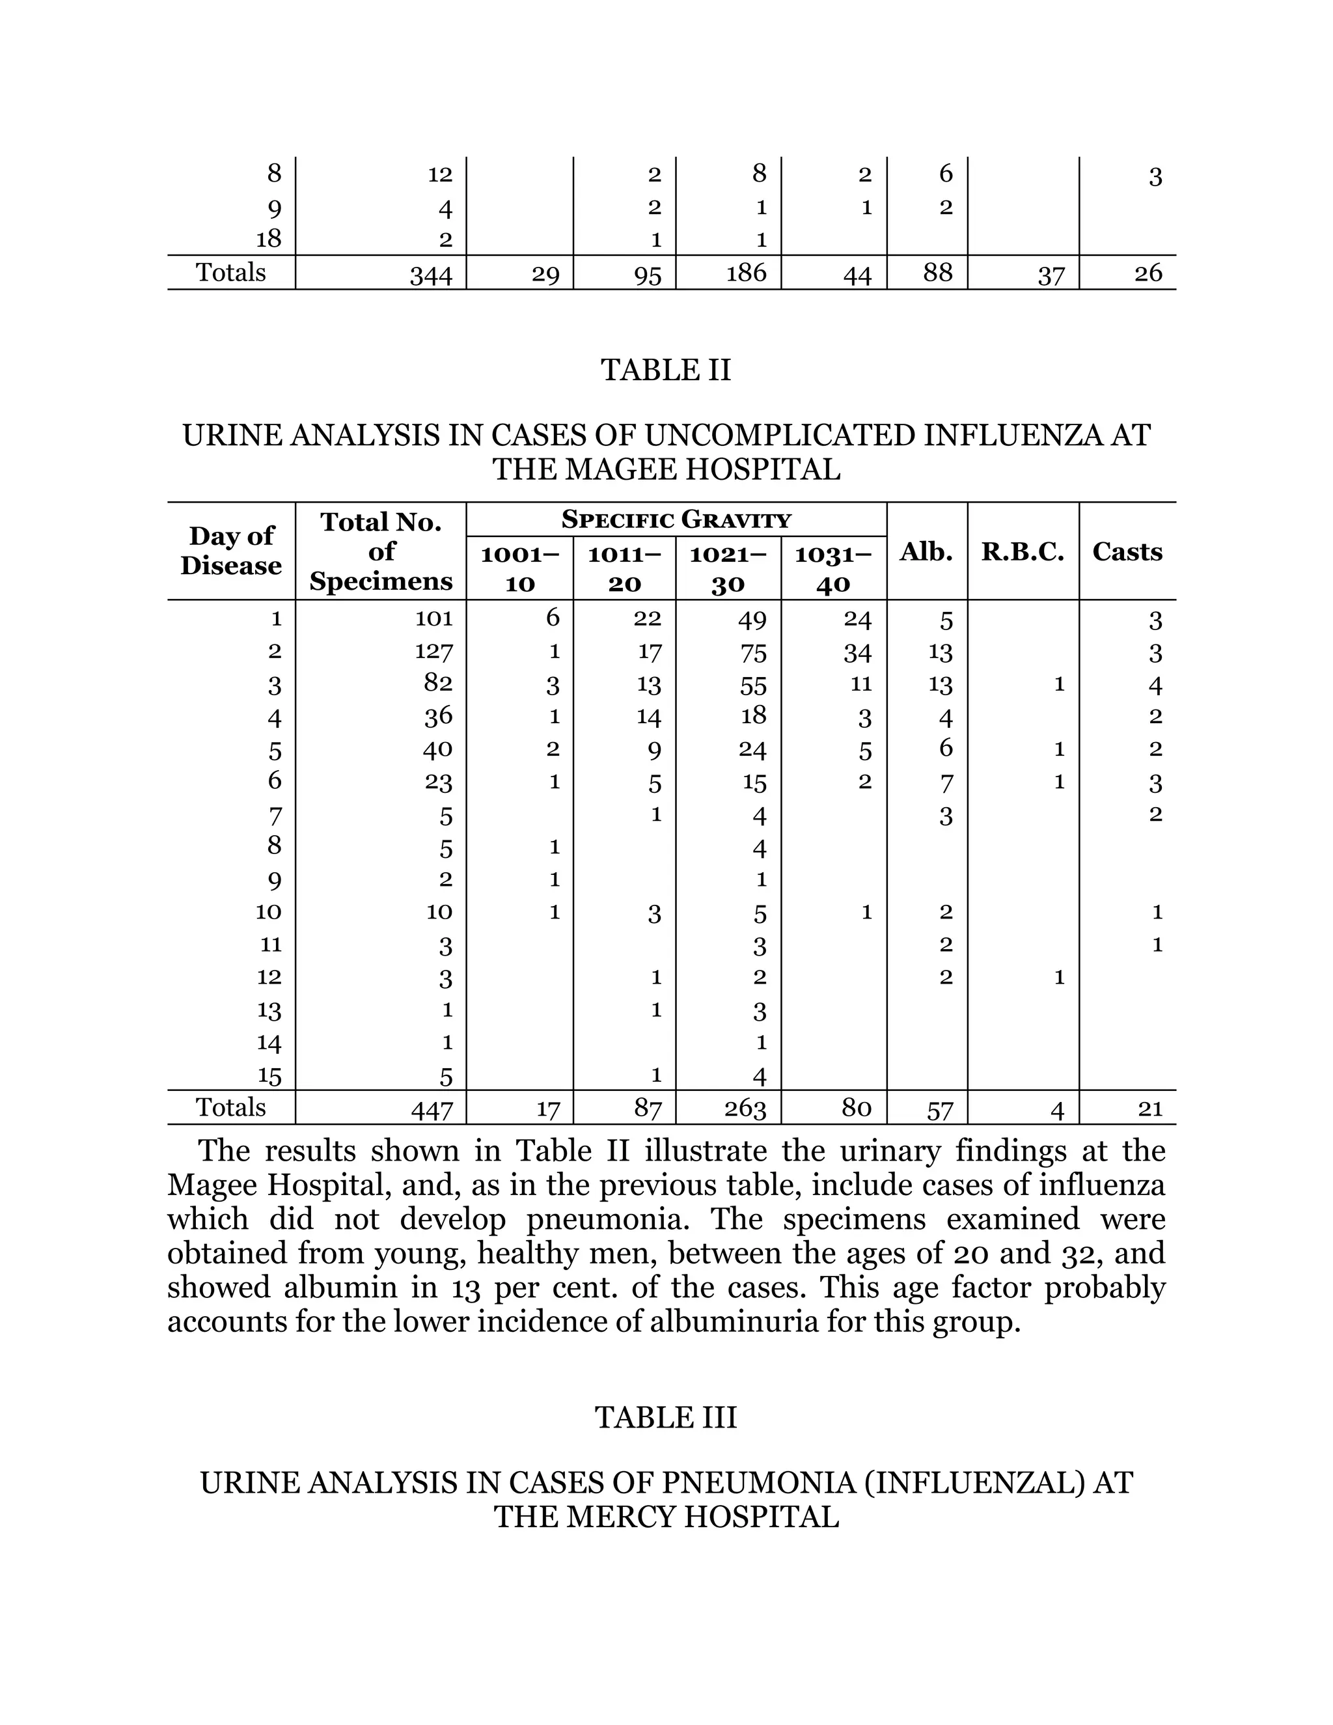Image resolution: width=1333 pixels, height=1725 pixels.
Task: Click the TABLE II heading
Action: tap(666, 370)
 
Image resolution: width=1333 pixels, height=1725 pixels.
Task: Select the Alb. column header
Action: tap(926, 552)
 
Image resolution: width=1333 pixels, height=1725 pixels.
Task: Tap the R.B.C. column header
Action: tap(1023, 552)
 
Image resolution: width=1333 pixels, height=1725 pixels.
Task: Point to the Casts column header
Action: tap(1127, 551)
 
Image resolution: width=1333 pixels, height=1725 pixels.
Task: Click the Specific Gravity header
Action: tap(676, 519)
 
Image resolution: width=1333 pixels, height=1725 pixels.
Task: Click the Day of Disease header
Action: tap(230, 551)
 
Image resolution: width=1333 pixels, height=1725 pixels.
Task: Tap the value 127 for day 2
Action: tap(434, 652)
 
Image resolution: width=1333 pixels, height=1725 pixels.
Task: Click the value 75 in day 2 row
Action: tap(753, 653)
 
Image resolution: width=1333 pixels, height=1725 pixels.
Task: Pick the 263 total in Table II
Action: tap(745, 1110)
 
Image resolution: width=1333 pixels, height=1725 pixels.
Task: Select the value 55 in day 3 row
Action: tap(753, 685)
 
